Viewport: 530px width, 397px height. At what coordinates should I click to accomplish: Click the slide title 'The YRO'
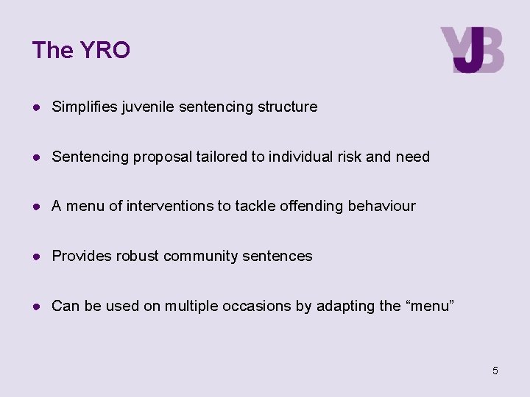click(81, 50)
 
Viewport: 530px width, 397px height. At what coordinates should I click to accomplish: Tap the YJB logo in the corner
click(472, 50)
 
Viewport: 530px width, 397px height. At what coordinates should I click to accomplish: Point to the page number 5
click(495, 371)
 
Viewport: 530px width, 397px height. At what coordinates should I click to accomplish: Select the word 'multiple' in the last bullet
click(188, 306)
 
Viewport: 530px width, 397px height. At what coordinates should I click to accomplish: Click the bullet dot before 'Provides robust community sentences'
click(37, 256)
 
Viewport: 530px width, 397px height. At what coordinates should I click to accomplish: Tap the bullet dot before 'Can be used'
click(37, 306)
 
